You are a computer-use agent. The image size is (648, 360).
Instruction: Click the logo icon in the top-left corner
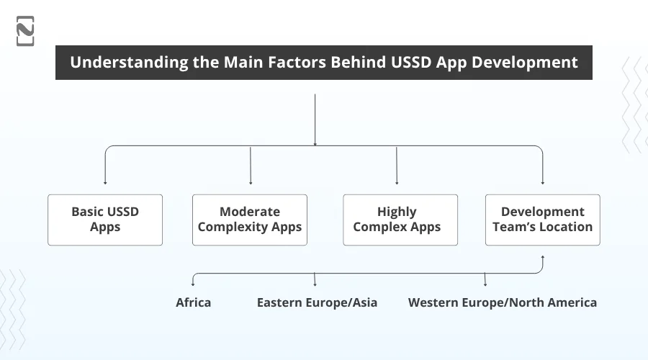(25, 31)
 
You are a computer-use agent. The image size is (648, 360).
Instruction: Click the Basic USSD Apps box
(105, 220)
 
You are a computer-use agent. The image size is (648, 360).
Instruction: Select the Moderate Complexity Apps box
(250, 220)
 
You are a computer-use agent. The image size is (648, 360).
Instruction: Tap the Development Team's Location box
(542, 220)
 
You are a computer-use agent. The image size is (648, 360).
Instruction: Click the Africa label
(194, 302)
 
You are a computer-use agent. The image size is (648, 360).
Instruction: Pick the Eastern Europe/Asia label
(317, 302)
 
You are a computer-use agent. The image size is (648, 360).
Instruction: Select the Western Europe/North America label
(502, 302)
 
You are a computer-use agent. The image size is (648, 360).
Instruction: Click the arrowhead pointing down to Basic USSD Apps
(106, 182)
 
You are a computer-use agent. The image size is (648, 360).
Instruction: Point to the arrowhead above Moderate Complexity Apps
(251, 182)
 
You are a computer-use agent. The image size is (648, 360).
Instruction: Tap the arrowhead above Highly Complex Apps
(397, 182)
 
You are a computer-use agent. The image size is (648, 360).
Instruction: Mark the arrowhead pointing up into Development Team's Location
(543, 257)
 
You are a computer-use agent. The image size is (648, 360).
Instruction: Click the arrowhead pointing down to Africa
(192, 284)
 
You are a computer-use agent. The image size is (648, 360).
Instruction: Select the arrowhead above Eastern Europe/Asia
(315, 284)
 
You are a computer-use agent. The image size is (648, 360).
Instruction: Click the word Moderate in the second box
(250, 212)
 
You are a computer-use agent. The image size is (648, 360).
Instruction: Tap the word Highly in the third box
(397, 212)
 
